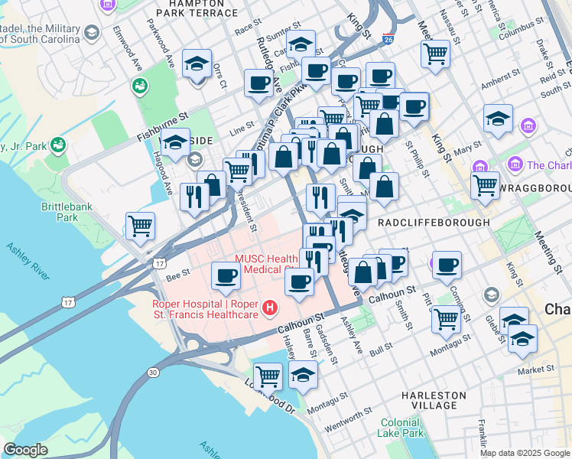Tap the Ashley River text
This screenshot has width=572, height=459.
pos(34,262)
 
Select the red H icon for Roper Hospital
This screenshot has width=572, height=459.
pos(269,308)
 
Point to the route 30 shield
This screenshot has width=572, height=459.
pos(153,372)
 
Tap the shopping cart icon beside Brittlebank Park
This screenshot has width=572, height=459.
pos(141,225)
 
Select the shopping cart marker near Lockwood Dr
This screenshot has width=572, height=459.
pos(268,375)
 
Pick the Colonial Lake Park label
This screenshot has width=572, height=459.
pos(401,427)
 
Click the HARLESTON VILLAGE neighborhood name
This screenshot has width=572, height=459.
pos(434,400)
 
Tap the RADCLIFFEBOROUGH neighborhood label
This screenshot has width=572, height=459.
pos(433,222)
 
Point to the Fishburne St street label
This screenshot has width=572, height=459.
pos(163,122)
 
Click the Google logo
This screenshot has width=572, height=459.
pos(25,450)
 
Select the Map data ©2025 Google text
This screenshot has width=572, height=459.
pos(525,453)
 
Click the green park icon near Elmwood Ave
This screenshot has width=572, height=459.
pos(139,86)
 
